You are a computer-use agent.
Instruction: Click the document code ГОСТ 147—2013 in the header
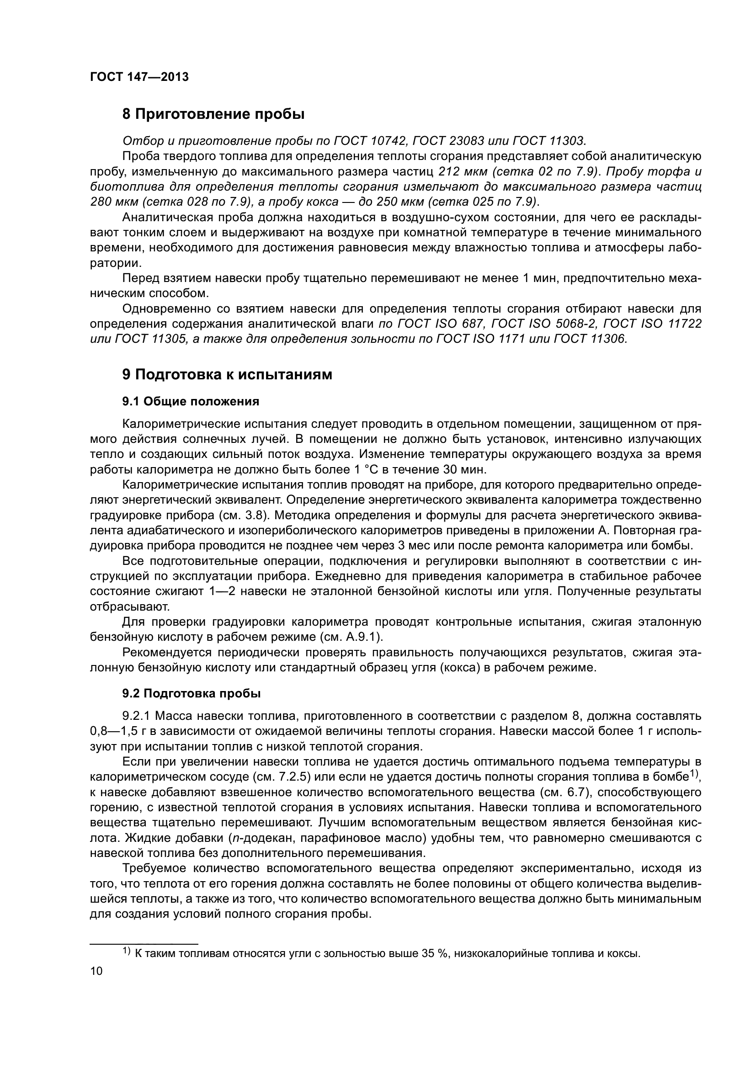coord(139,77)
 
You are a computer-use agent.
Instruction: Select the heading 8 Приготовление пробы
coord(213,114)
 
